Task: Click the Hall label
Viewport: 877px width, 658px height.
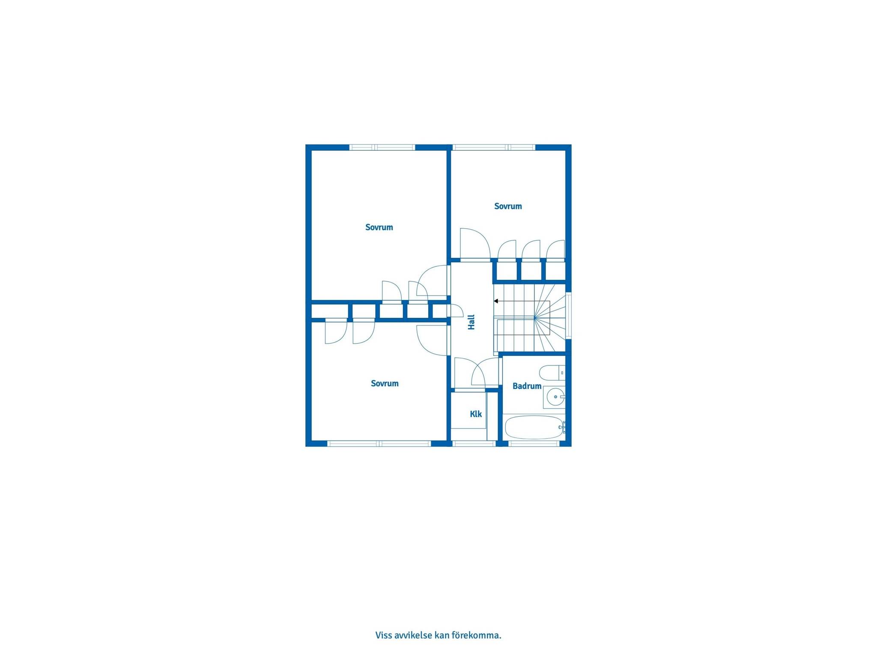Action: click(x=471, y=322)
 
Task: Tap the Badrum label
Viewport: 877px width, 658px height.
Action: click(x=527, y=386)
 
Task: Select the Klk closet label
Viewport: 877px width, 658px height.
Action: click(x=476, y=414)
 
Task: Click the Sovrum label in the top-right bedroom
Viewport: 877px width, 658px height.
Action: click(x=508, y=206)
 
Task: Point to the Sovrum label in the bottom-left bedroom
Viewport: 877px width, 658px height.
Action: click(x=385, y=383)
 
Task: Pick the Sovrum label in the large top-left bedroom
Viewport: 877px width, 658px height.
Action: click(x=379, y=227)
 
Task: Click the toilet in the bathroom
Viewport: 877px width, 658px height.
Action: click(x=552, y=373)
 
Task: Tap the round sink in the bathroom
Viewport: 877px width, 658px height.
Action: click(x=555, y=397)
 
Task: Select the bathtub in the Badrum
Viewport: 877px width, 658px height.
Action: click(x=534, y=427)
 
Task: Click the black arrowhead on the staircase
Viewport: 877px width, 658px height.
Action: click(x=496, y=301)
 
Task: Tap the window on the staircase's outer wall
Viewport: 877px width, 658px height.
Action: click(x=569, y=316)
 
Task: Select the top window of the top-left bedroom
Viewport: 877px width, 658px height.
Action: click(x=382, y=147)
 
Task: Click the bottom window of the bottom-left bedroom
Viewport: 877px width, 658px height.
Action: click(x=379, y=444)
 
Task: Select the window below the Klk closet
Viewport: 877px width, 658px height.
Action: click(x=474, y=444)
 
